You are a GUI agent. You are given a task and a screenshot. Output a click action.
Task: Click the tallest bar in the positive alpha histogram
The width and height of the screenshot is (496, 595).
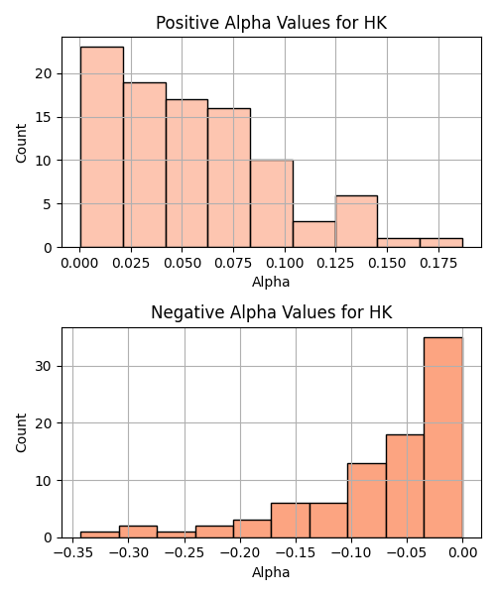pos(102,147)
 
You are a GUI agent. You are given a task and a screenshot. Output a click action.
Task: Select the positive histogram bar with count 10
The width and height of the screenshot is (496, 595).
pos(272,203)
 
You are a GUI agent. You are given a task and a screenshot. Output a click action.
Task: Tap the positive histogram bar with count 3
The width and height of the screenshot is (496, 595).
pos(314,234)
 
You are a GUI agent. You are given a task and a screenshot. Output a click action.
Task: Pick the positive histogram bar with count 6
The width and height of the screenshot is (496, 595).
pos(356,221)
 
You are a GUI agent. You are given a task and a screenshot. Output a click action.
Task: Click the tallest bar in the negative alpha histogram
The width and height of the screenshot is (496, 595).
pos(443,437)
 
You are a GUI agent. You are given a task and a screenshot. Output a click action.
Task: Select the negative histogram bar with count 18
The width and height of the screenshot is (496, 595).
pos(405,486)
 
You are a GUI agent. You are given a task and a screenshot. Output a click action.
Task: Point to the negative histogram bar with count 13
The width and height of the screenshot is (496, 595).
pos(367,501)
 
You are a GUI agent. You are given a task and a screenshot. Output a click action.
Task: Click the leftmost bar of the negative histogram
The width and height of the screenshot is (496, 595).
pos(100,535)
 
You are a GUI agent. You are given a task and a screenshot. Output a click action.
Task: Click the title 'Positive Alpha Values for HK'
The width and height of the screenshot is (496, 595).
pos(272,23)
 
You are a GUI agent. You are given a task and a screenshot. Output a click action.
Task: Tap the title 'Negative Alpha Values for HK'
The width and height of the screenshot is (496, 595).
pos(272,312)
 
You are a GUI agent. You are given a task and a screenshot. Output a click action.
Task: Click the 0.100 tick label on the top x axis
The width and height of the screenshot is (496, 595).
pos(285,264)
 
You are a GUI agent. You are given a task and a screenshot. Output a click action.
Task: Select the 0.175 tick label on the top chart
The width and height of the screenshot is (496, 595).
pos(438,264)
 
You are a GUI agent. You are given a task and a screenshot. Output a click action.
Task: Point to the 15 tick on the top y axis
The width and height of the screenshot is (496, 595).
pos(44,117)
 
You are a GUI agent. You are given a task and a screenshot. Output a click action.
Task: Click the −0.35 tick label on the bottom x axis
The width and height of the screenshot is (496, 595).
pos(72,553)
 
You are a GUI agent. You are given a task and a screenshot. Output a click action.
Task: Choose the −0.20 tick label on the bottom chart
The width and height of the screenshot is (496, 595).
pos(240,553)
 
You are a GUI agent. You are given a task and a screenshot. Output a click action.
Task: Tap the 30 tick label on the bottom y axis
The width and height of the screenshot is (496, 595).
pos(44,367)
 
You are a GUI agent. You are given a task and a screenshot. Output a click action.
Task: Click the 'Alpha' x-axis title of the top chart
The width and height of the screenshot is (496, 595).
pos(271,283)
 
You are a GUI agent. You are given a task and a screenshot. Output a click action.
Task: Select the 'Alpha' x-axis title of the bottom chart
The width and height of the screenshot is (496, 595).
pos(271,572)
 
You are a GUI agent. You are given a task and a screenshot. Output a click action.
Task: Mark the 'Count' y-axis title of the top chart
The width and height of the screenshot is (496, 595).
pos(22,144)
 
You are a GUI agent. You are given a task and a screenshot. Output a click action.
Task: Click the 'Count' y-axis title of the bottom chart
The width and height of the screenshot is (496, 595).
pos(22,433)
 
